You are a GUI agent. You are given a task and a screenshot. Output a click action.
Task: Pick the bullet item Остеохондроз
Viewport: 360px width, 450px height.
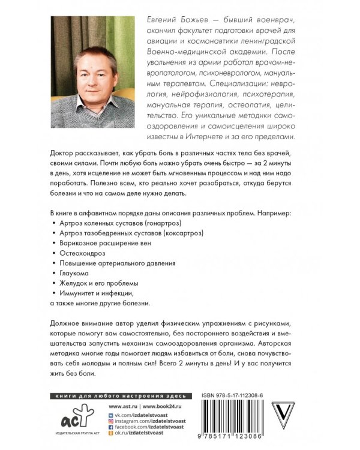click(82, 253)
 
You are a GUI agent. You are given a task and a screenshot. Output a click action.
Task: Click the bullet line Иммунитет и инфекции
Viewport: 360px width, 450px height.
click(94, 292)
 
